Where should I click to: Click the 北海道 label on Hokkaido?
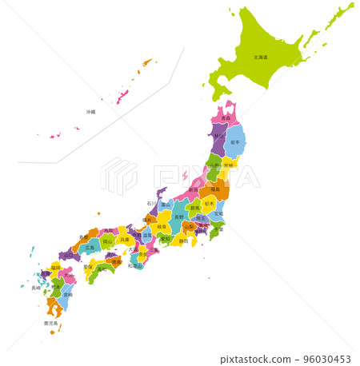coord(261,58)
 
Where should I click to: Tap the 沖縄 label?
coord(90,112)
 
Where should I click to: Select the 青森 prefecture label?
coord(226,118)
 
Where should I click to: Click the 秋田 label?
coord(218,137)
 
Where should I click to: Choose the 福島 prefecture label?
coord(214,190)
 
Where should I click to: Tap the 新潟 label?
coord(193,190)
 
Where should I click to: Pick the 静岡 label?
coord(183,240)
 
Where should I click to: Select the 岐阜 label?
coord(162,228)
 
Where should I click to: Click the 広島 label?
coord(89,248)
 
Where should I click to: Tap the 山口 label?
coord(66,255)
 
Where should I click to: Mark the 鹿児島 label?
coord(50,324)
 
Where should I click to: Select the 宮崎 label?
coord(67,294)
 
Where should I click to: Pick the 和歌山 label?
coord(137,265)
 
